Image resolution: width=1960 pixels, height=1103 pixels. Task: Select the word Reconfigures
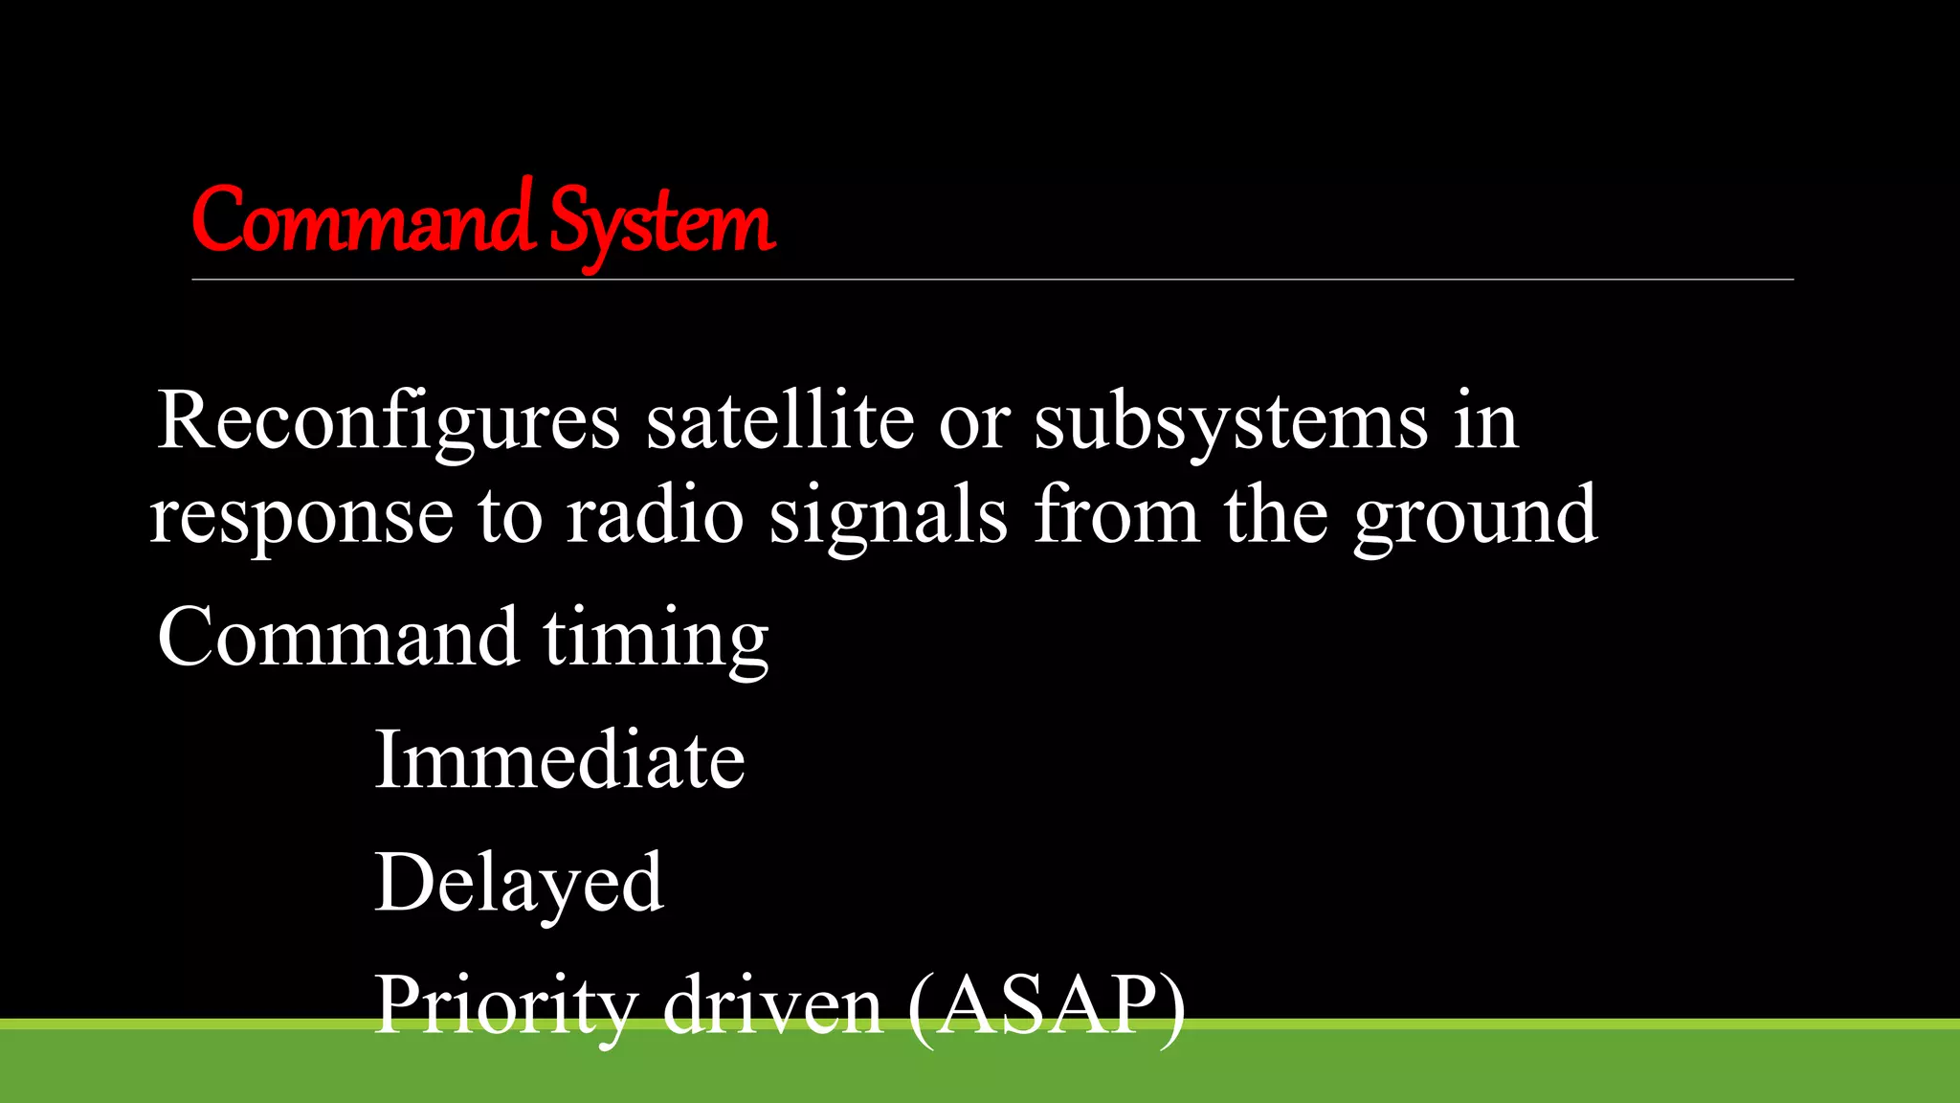point(389,422)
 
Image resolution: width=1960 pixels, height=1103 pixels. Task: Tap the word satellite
point(780,420)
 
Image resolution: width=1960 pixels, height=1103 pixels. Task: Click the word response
point(301,517)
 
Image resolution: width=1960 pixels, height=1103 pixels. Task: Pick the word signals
point(888,517)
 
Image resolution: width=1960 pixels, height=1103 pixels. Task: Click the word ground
point(1475,517)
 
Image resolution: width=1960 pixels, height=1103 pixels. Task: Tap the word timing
point(657,639)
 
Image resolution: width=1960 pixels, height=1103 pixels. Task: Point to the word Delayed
point(519,883)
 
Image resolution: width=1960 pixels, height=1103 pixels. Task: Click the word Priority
point(505,1005)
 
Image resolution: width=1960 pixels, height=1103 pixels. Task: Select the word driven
point(772,1005)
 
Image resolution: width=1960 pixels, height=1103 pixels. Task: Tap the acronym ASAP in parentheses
point(1046,1005)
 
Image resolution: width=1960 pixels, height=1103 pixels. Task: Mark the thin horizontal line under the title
point(992,280)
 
